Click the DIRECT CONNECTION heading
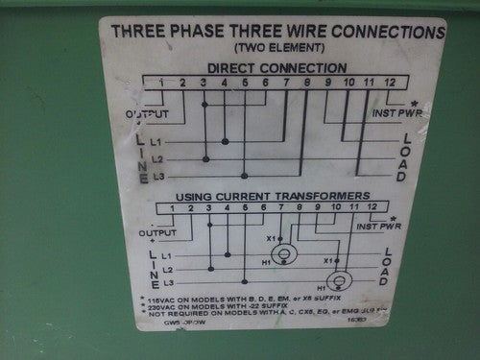click(x=277, y=68)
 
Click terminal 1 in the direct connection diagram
click(x=162, y=84)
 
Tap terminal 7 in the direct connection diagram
click(x=286, y=84)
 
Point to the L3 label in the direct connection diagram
click(x=158, y=176)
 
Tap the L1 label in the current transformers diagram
click(x=166, y=255)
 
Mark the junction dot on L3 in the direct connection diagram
click(x=245, y=176)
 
